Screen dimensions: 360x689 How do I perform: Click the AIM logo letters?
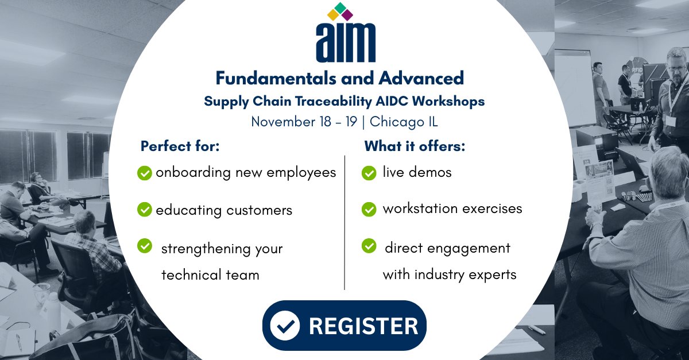[x=345, y=42]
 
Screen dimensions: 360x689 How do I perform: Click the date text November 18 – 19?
[x=307, y=122]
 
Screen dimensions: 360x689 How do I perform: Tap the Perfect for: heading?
[x=180, y=146]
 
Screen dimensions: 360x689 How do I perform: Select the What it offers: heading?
[x=415, y=146]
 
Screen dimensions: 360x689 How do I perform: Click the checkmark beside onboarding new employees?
[x=145, y=173]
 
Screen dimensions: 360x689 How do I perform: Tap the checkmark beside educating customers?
[x=145, y=210]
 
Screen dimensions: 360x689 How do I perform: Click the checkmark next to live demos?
[x=369, y=173]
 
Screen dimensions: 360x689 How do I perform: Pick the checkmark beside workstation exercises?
[x=369, y=210]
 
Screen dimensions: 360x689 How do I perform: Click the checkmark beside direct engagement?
[x=369, y=246]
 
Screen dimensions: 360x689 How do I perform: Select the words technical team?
[x=210, y=275]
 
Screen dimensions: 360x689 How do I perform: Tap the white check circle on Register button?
[x=285, y=326]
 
